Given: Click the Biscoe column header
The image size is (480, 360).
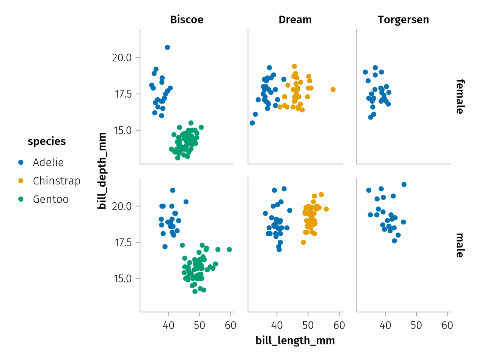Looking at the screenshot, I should point(187,20).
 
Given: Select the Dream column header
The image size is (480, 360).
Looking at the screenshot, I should point(295,20).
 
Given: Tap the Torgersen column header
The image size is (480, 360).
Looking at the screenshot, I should point(403,20).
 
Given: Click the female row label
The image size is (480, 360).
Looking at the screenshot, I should point(460,96).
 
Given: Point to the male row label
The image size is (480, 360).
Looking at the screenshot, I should point(460,245).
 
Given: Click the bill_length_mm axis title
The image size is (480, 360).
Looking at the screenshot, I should point(295,341).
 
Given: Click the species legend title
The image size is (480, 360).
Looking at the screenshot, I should point(47,141).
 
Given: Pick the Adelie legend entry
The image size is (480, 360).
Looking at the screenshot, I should point(48,162).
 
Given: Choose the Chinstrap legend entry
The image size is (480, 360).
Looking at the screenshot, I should point(56,181).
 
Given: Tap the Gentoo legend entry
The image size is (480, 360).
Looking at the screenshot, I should point(51,199).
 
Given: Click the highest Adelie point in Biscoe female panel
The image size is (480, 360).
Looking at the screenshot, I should point(168,47).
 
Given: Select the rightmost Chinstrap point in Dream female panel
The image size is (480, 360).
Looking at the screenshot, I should point(333,90).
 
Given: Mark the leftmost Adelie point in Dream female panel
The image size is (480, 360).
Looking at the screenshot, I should point(252,123).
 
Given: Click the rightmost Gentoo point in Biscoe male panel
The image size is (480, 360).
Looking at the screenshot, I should point(229,250).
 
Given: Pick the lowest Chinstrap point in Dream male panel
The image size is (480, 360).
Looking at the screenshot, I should point(304,242).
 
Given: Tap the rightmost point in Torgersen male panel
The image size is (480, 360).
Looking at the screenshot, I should point(404,184).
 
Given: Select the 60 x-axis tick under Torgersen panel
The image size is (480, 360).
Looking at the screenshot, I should point(448,325).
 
